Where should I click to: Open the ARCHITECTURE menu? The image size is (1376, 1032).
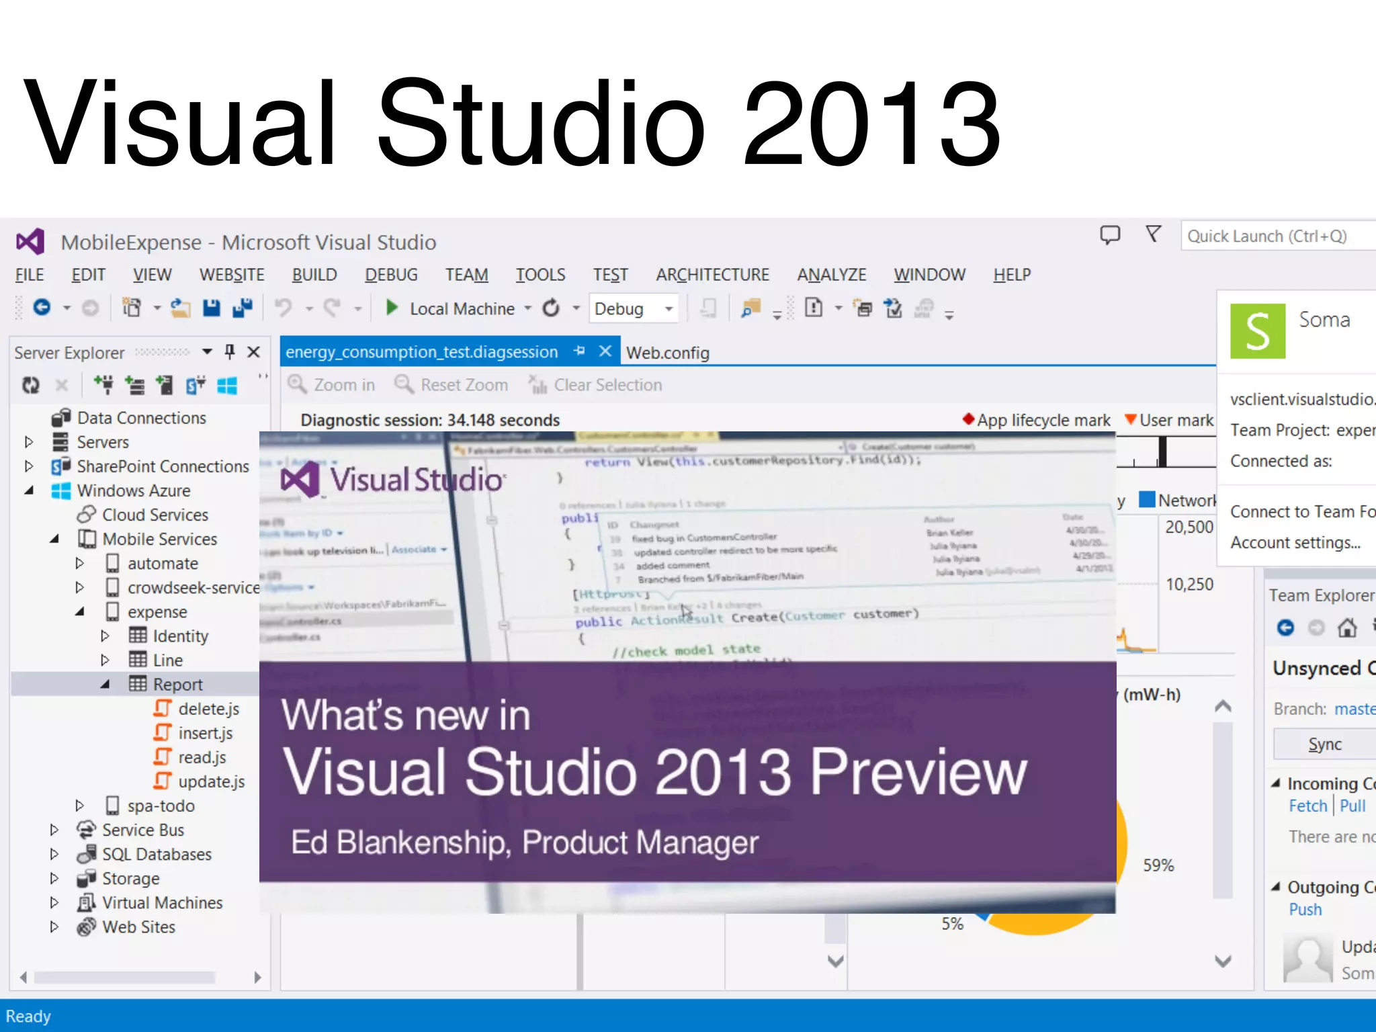[x=712, y=275]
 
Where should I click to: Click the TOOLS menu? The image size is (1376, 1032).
[x=540, y=275]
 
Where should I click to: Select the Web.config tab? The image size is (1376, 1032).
[x=667, y=353]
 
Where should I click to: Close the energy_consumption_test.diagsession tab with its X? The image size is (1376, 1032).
[x=605, y=351]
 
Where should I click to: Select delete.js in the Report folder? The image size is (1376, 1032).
[x=208, y=709]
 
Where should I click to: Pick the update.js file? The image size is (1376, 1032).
[x=211, y=781]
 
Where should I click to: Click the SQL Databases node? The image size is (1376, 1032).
[x=157, y=854]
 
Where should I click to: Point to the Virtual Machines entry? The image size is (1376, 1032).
[x=162, y=902]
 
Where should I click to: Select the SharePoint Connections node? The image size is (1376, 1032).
[x=163, y=466]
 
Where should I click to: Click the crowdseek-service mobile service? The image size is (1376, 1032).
[x=193, y=588]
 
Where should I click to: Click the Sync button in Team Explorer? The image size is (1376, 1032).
[x=1325, y=744]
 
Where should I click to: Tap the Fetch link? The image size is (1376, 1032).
[x=1307, y=806]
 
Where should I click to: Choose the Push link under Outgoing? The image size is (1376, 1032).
[x=1305, y=910]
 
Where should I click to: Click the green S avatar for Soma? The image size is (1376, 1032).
[x=1257, y=331]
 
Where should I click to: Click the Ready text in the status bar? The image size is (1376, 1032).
[x=28, y=1017]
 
